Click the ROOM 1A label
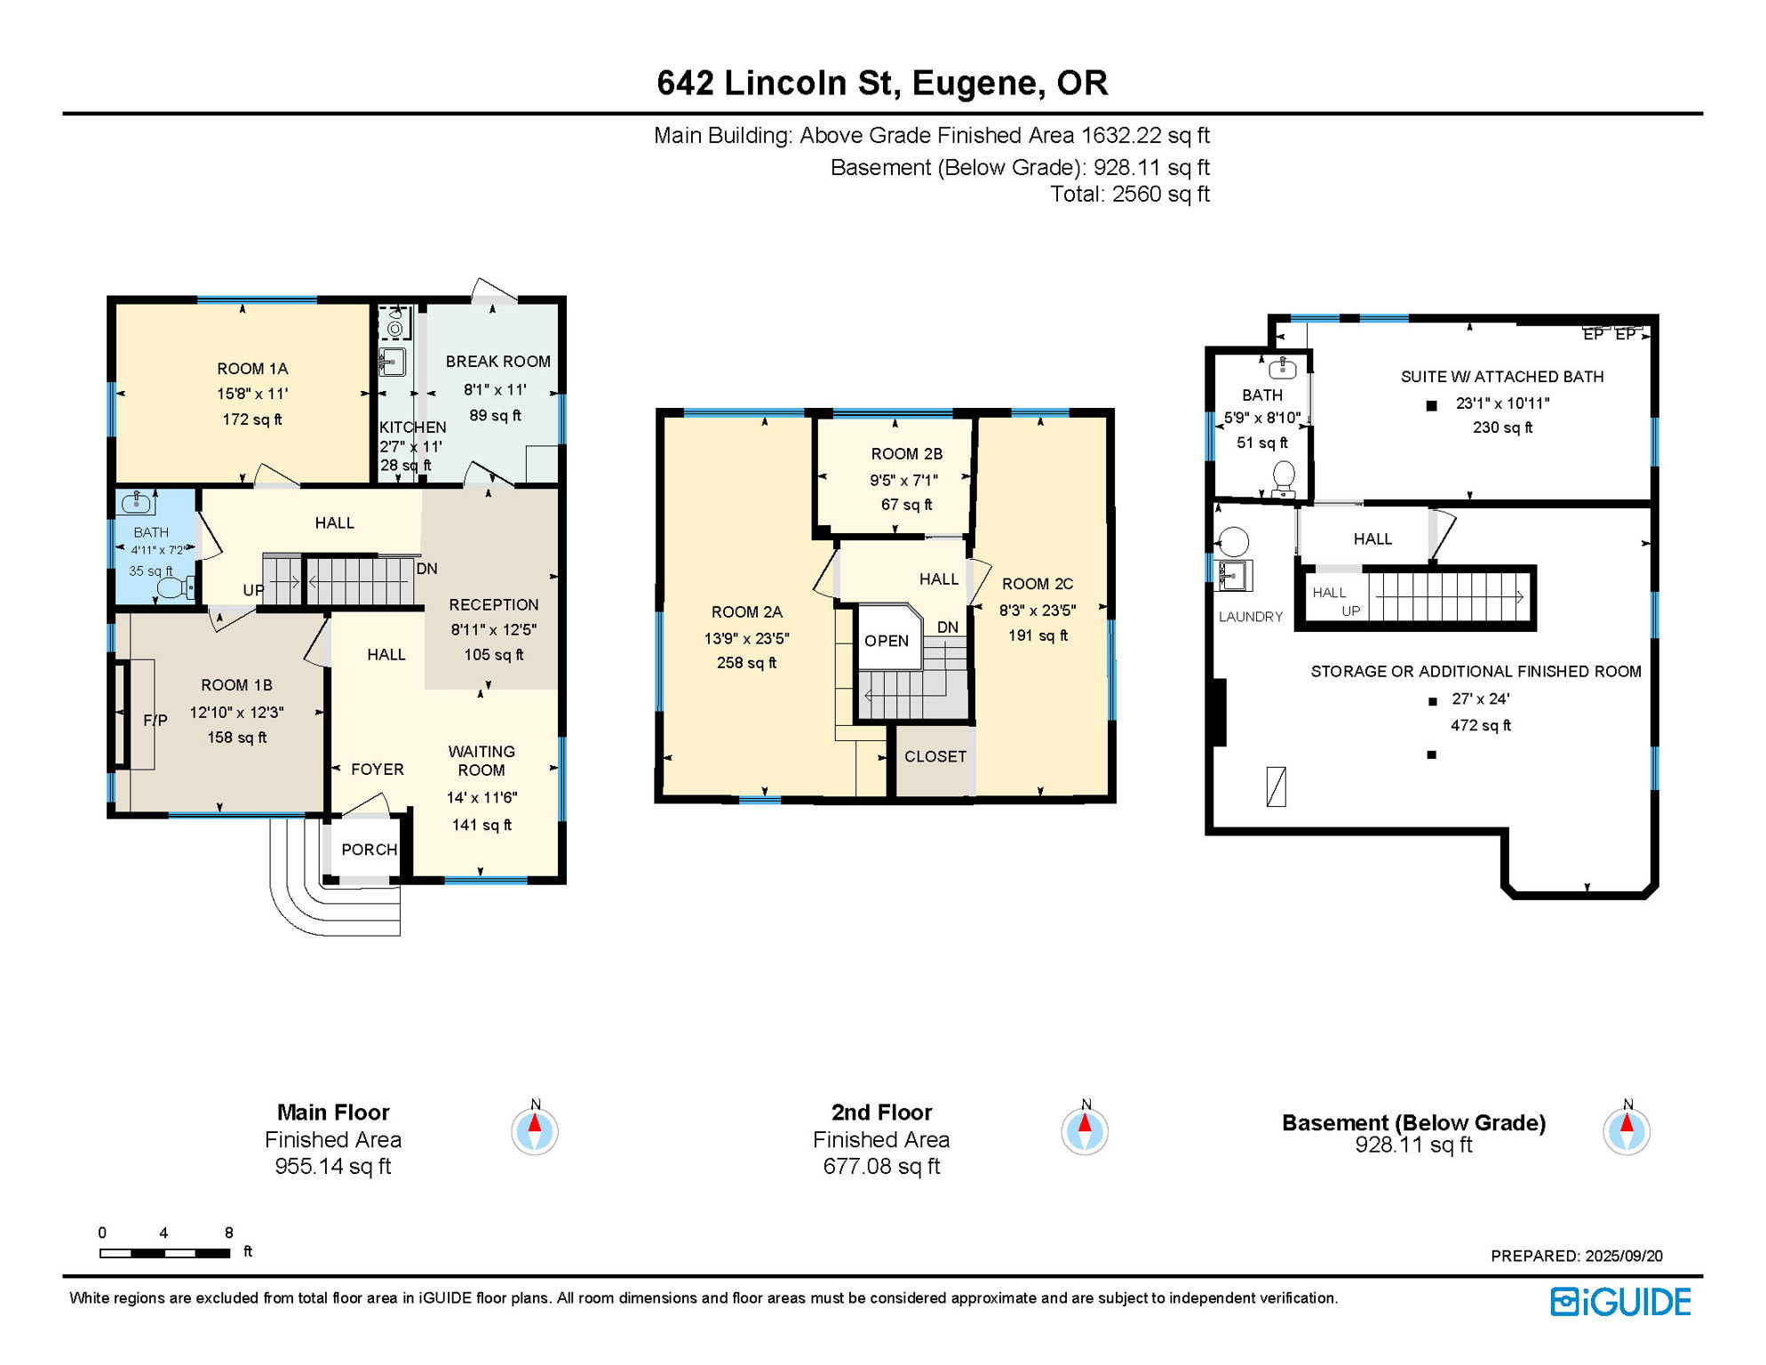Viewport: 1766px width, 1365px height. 252,369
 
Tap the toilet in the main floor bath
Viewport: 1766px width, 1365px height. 176,587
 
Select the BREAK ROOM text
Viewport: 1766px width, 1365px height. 497,362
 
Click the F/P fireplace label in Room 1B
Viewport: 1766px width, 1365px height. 155,720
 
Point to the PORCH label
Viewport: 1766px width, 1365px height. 369,850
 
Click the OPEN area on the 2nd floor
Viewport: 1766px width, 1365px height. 887,641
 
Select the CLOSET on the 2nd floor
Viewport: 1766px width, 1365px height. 935,756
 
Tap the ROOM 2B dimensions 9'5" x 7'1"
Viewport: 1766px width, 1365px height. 903,480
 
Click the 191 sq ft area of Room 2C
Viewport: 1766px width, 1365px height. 1038,635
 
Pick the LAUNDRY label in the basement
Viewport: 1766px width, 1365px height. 1250,617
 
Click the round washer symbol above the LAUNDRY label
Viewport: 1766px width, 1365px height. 1234,541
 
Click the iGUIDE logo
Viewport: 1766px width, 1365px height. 1620,1302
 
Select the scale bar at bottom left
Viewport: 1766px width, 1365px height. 164,1253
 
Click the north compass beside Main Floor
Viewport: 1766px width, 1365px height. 535,1131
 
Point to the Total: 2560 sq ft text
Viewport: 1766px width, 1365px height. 1129,194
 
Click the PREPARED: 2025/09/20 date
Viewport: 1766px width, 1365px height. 1576,1256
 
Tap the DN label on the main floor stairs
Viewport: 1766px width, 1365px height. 426,569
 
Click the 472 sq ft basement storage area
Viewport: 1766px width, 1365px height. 1480,725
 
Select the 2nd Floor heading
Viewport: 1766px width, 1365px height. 881,1112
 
